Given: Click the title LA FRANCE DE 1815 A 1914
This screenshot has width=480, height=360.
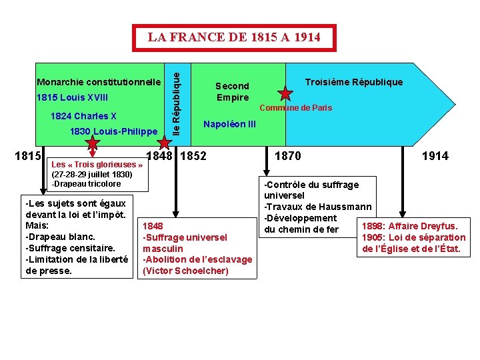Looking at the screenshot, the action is coord(233,37).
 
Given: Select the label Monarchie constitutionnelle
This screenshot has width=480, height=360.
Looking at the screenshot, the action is coord(99,82).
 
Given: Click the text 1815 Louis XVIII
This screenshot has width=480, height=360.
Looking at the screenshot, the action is coord(72,98).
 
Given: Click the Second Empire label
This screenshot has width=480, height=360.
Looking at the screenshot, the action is coord(232,91).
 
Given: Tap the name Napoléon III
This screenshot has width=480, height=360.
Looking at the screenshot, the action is coord(229,124).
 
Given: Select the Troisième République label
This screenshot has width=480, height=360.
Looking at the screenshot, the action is coord(353,82).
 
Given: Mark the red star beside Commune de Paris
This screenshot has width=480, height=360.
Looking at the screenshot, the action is coord(285,94).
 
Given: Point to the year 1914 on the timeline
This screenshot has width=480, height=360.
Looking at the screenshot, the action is coord(435,156).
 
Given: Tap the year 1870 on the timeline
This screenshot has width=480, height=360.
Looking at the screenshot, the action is coord(288,156).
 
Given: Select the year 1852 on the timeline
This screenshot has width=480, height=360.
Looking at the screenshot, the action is coord(193,156).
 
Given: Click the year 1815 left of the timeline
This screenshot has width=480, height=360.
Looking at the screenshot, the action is coord(28,156).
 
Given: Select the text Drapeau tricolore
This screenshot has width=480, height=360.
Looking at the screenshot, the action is coord(87,184).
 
